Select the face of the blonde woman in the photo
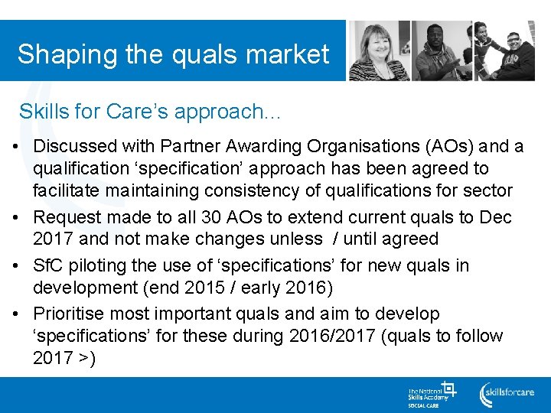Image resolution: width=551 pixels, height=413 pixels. (x=380, y=43)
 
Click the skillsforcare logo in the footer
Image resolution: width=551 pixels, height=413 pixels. (x=506, y=393)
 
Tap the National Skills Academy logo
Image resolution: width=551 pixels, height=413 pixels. (x=431, y=393)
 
